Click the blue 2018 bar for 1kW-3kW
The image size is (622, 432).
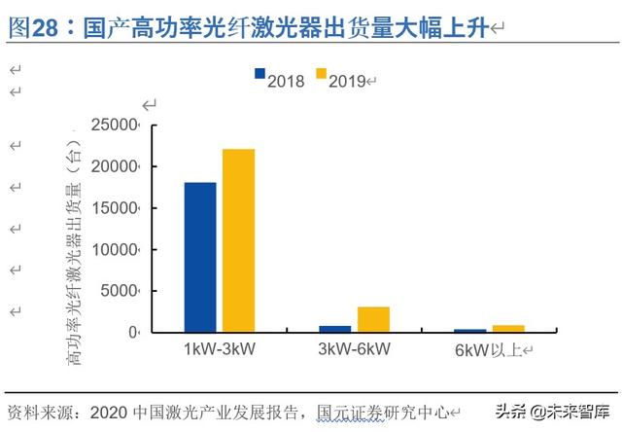pyautogui.click(x=200, y=257)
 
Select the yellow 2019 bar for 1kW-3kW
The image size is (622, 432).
pyautogui.click(x=238, y=240)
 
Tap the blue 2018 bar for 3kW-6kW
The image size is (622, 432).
pyautogui.click(x=335, y=329)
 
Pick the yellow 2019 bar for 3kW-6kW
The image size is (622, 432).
pyautogui.click(x=373, y=319)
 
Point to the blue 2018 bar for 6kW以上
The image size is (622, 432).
pyautogui.click(x=470, y=331)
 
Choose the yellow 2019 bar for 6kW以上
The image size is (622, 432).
pyautogui.click(x=507, y=329)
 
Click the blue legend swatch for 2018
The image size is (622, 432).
pyautogui.click(x=259, y=80)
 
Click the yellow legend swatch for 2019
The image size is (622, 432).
pyautogui.click(x=318, y=80)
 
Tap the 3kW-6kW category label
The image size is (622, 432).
pyautogui.click(x=354, y=348)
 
